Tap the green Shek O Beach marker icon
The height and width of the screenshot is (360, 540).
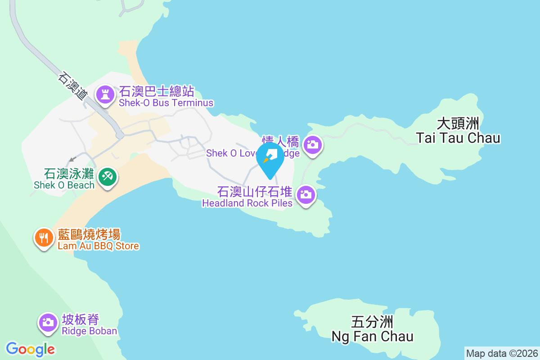108,177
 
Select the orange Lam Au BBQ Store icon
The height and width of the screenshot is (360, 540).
44,237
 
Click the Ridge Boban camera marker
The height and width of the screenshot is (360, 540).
47,322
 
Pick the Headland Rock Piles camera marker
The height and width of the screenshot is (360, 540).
306,195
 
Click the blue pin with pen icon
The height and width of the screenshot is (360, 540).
270,159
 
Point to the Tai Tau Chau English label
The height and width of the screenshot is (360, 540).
458,138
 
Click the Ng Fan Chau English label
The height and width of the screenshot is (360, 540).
372,336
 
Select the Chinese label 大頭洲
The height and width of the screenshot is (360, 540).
458,123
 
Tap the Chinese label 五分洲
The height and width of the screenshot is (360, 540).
372,322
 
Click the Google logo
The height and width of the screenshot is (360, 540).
31,349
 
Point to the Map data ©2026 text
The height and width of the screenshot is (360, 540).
501,353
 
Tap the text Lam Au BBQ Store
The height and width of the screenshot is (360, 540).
99,246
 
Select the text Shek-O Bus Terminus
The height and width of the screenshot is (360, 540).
166,103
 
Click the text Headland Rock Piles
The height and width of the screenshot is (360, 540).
247,203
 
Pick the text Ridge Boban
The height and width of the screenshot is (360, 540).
90,331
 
